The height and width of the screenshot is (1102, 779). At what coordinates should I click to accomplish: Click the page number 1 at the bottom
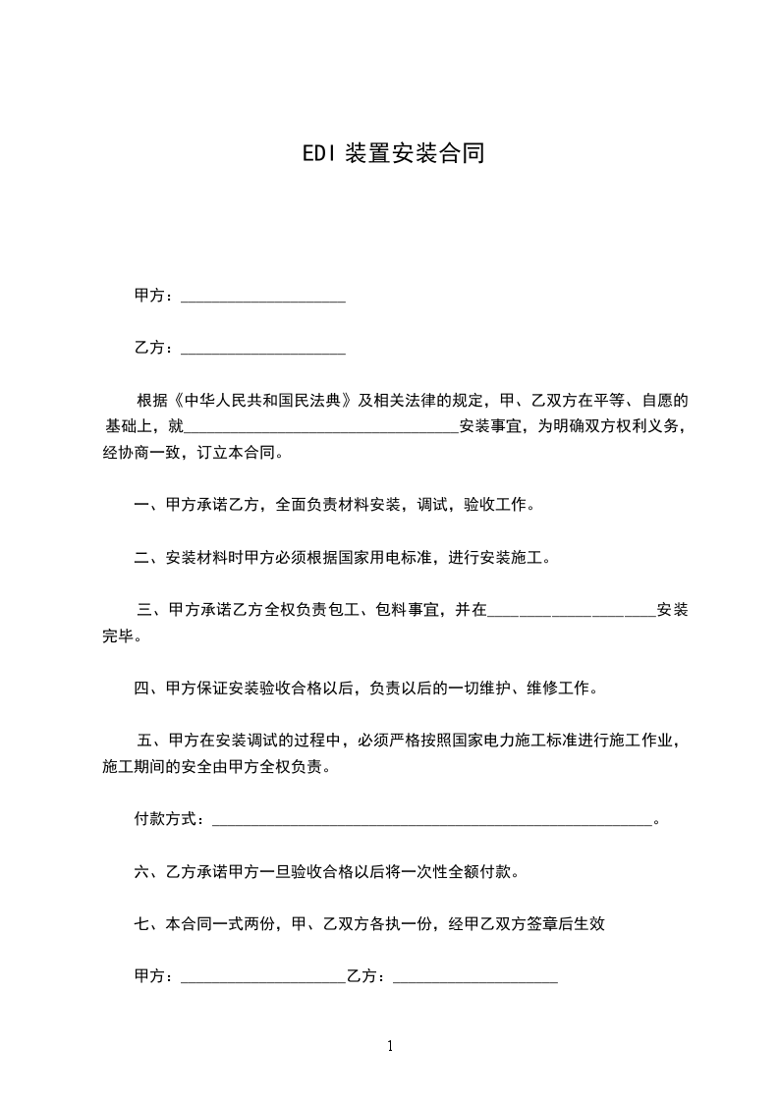pyautogui.click(x=390, y=1046)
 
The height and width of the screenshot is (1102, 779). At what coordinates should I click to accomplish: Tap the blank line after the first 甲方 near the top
pyautogui.click(x=263, y=297)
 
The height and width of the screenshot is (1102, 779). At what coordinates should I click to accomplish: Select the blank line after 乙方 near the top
pyautogui.click(x=263, y=349)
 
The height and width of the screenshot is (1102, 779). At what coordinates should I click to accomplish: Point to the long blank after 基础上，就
pyautogui.click(x=321, y=427)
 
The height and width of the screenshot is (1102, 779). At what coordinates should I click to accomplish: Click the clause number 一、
pyautogui.click(x=149, y=506)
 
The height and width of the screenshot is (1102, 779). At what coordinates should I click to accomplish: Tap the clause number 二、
pyautogui.click(x=149, y=558)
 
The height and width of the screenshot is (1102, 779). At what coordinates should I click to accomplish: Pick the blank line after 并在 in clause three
pyautogui.click(x=572, y=611)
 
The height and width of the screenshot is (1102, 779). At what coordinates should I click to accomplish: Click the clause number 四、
pyautogui.click(x=149, y=689)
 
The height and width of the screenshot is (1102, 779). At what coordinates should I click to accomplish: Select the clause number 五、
pyautogui.click(x=152, y=741)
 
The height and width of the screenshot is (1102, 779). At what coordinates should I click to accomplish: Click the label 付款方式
pyautogui.click(x=167, y=819)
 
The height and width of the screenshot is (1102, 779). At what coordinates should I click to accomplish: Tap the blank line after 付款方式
pyautogui.click(x=432, y=819)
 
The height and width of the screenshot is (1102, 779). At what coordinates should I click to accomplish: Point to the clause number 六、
pyautogui.click(x=149, y=871)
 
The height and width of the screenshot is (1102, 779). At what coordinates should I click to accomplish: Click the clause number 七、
pyautogui.click(x=149, y=923)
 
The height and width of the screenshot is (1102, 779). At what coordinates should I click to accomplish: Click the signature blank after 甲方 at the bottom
pyautogui.click(x=263, y=976)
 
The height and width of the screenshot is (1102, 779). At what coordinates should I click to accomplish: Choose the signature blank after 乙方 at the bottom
pyautogui.click(x=475, y=976)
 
